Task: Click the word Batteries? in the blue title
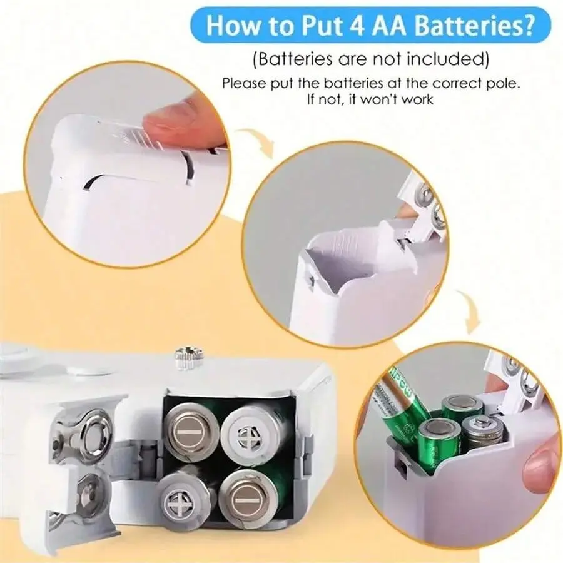[474, 26]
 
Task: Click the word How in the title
[231, 26]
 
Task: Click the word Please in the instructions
[243, 83]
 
